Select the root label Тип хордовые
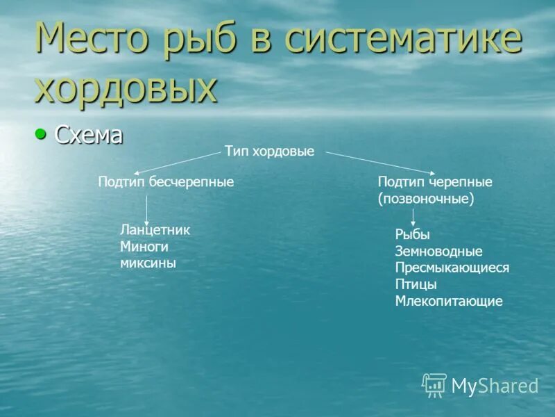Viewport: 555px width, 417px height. tap(269, 151)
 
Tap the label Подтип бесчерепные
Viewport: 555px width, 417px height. tap(166, 181)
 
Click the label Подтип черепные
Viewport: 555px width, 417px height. tap(435, 182)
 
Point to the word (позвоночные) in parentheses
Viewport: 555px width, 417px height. tap(426, 198)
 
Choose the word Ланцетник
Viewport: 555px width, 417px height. tap(155, 230)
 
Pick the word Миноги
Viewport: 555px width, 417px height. tap(144, 246)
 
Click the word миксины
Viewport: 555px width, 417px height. tap(148, 263)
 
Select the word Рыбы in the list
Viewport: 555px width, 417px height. tap(413, 235)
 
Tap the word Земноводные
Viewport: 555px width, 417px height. tap(438, 252)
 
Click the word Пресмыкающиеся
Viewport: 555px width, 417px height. tap(452, 268)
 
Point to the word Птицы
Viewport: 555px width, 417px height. tap(416, 284)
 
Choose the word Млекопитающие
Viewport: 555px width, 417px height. tap(449, 301)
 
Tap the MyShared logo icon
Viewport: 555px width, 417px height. tap(434, 384)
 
